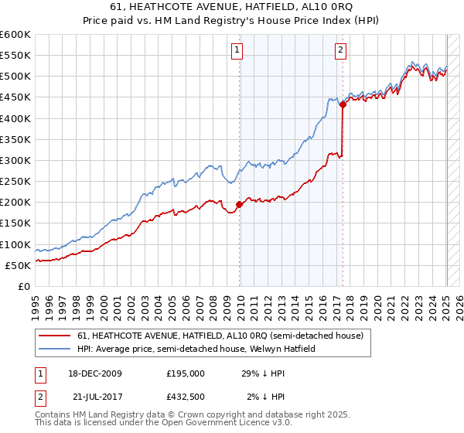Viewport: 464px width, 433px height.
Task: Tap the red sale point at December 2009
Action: (240, 204)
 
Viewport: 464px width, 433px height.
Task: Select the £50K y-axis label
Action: (18, 265)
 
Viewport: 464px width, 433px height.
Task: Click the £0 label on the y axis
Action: (25, 286)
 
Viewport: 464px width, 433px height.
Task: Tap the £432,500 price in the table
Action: (185, 397)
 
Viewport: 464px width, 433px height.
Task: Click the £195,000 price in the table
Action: (185, 373)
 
